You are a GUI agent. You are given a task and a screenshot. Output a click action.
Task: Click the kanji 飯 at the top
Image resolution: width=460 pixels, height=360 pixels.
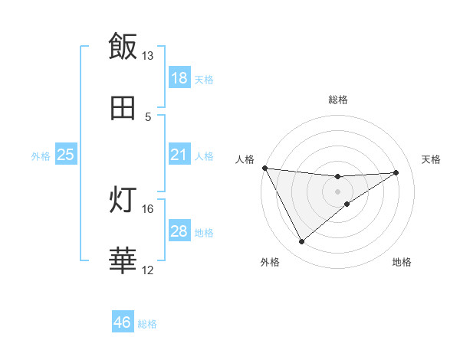click(x=123, y=46)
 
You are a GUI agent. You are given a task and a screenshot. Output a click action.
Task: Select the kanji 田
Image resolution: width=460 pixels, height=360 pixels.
click(x=123, y=107)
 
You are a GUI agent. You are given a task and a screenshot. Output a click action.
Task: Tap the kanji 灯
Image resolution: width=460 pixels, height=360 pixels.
click(x=123, y=200)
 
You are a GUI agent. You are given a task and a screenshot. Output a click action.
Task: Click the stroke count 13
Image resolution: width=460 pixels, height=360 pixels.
click(x=148, y=56)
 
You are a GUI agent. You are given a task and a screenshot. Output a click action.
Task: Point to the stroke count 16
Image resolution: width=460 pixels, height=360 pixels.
click(x=148, y=208)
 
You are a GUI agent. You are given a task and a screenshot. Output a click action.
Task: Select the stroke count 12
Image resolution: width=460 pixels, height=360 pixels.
click(x=148, y=270)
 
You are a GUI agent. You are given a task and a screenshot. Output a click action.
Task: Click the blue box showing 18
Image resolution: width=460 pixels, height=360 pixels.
click(x=179, y=78)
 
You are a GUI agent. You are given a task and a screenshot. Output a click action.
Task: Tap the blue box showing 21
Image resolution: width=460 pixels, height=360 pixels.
click(x=179, y=155)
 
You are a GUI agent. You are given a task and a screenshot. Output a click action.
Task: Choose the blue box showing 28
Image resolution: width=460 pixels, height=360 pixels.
click(x=179, y=231)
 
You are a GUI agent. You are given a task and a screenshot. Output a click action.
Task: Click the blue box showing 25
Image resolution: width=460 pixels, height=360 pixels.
click(x=66, y=155)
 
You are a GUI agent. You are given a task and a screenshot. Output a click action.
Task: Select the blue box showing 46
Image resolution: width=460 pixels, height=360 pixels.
click(x=123, y=322)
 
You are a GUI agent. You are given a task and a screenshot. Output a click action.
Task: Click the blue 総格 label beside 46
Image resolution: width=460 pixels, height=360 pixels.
click(x=148, y=324)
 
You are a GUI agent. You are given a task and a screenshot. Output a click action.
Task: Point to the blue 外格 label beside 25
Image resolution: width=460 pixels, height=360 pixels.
click(x=41, y=155)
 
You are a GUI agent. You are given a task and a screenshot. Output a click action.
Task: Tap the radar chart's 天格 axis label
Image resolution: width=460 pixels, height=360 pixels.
click(x=432, y=159)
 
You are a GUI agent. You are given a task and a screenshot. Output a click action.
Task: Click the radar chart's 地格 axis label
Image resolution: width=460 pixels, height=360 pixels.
click(x=402, y=262)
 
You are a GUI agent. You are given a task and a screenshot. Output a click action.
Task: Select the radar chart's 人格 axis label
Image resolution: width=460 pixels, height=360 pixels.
click(x=244, y=159)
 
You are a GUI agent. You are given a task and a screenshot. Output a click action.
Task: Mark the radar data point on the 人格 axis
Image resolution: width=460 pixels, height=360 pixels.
click(x=264, y=168)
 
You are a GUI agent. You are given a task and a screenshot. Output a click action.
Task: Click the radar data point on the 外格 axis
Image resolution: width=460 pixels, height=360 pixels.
click(x=301, y=242)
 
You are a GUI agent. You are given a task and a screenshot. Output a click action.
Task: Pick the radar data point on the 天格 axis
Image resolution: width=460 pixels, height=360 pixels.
click(x=396, y=172)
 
